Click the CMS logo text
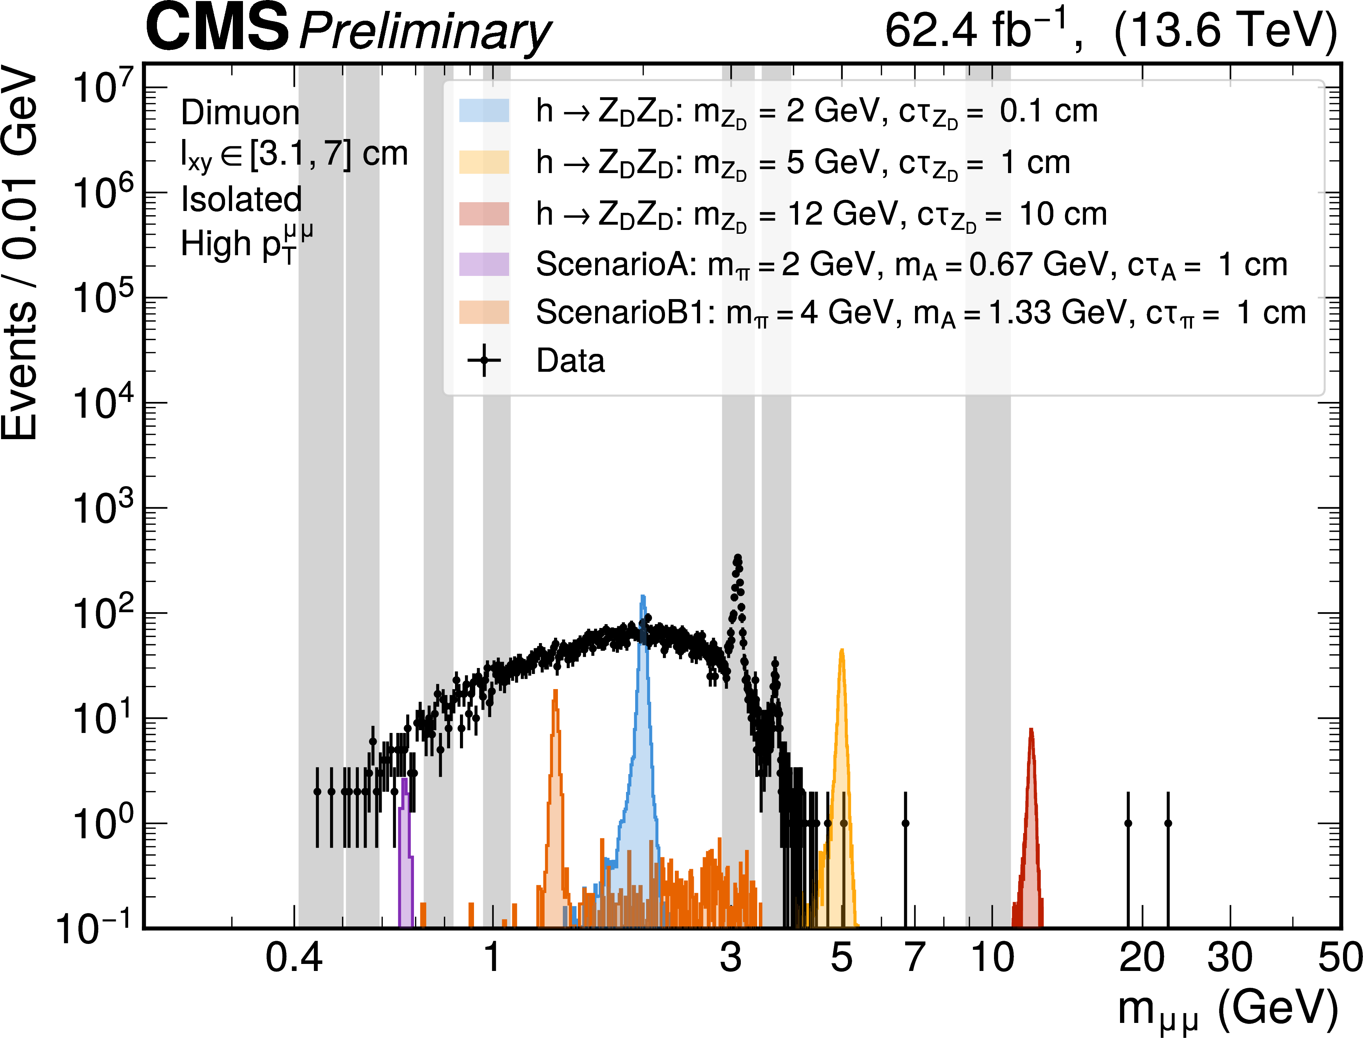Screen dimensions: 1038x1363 click(217, 28)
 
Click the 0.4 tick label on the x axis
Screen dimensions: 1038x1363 click(294, 958)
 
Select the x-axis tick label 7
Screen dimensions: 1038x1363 click(914, 958)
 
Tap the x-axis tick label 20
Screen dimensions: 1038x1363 click(1142, 958)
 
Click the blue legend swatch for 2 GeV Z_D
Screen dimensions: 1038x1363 click(484, 111)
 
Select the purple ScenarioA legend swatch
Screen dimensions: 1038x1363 click(484, 264)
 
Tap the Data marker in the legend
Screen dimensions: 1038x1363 click(484, 360)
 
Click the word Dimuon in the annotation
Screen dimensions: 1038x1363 click(240, 113)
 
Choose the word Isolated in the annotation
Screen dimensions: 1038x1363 click(241, 200)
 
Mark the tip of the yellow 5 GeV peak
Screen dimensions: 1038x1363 click(842, 650)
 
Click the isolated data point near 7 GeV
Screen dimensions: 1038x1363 click(905, 823)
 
